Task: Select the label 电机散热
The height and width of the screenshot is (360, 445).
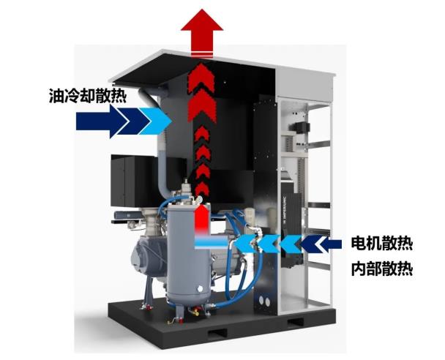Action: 381,243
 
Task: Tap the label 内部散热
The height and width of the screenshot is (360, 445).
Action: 381,269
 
